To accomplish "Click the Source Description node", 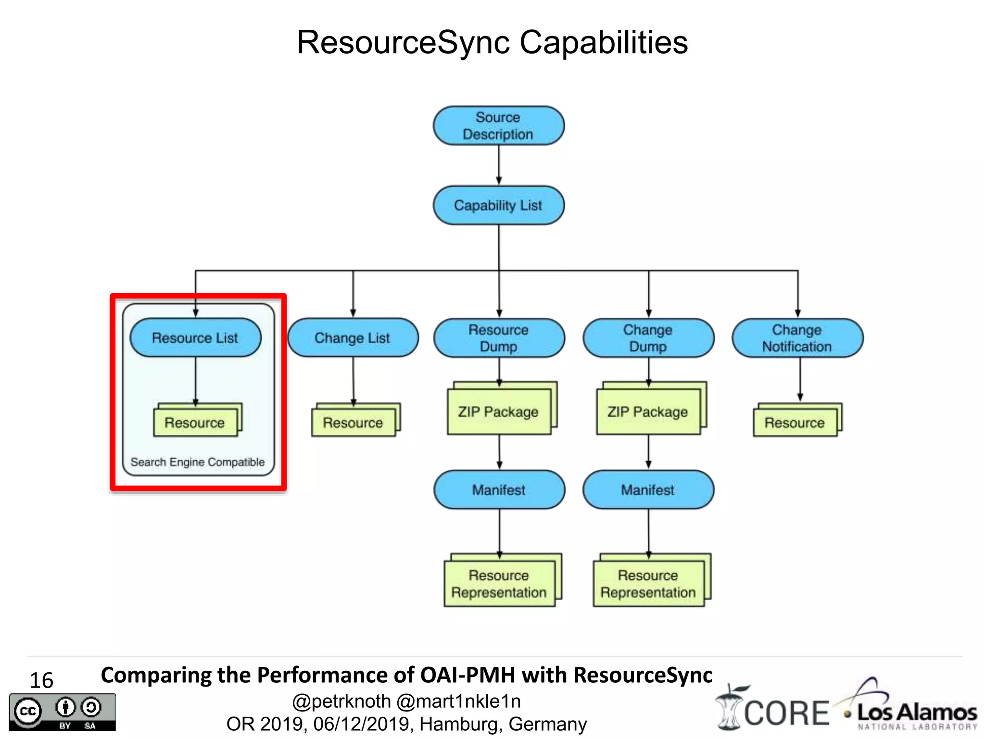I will point(498,126).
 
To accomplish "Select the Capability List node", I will point(498,205).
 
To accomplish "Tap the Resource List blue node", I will point(195,338).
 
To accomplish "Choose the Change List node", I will point(353,338).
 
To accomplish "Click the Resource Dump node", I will point(499,338).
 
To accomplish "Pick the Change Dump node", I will point(648,338).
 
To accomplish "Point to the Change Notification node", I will point(797,338).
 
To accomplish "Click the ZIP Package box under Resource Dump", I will point(499,412).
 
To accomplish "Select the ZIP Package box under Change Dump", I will point(648,412).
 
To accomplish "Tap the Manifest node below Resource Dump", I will point(499,490).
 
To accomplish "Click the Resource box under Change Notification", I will point(795,422).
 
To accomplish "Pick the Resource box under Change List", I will point(353,422).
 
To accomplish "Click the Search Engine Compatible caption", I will point(198,462).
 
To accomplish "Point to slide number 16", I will point(41,680).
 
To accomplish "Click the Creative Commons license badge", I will point(62,712).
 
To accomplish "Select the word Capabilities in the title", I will point(604,42).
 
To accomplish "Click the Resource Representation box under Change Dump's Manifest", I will point(648,583).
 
